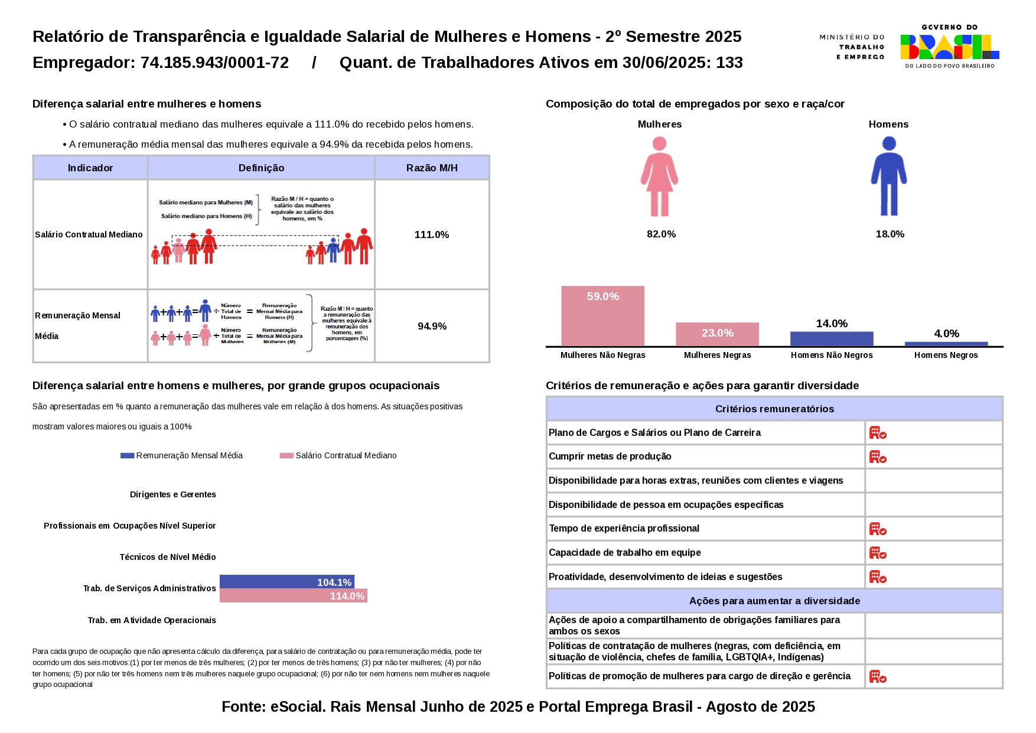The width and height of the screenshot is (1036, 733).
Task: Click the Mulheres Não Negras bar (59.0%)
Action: click(x=602, y=316)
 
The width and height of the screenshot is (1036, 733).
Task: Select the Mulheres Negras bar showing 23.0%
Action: click(x=717, y=334)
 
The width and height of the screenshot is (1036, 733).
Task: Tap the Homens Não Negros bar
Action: click(x=832, y=339)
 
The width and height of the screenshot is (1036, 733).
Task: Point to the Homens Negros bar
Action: click(x=946, y=344)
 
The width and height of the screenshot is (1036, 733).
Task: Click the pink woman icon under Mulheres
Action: click(x=660, y=177)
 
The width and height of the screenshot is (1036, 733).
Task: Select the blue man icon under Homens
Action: click(x=889, y=177)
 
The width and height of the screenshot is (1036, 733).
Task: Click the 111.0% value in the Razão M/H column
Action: click(x=432, y=234)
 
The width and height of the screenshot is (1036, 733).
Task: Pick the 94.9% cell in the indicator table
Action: click(x=432, y=326)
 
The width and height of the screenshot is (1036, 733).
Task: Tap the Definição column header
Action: click(x=261, y=168)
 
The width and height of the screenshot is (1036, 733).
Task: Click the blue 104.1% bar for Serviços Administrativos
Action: click(x=287, y=582)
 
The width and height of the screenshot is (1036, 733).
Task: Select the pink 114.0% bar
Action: click(x=294, y=595)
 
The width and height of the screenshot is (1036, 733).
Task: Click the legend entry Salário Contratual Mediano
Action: click(x=338, y=455)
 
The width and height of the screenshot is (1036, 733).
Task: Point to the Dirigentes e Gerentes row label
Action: click(x=173, y=494)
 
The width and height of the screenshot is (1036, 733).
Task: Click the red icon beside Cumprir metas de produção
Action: click(x=878, y=457)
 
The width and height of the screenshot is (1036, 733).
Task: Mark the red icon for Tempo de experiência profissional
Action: click(x=878, y=529)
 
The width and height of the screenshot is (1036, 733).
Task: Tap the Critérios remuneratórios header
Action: click(x=774, y=409)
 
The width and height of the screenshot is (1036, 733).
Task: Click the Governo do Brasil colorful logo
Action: click(x=950, y=47)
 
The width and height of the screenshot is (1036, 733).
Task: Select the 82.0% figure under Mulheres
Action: click(x=661, y=234)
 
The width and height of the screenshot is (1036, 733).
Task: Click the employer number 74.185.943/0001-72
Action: click(x=214, y=63)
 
